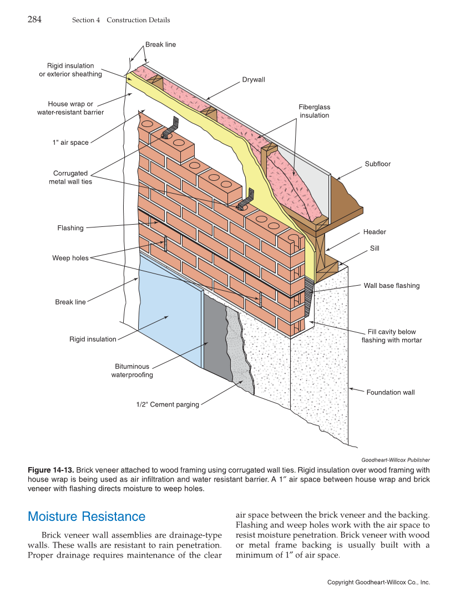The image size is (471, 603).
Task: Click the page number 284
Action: pos(34,19)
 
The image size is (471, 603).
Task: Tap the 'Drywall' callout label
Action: pos(254,80)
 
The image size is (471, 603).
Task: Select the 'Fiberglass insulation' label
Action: pos(315,111)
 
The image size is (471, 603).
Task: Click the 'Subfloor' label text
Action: pos(378,164)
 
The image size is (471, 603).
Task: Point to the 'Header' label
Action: pos(374,232)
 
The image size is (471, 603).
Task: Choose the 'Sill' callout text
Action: pos(374,249)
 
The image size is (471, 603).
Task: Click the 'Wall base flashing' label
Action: pos(392,286)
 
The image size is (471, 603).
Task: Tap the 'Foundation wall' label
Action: pos(391,392)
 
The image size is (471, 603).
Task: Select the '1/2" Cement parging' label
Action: pos(168,404)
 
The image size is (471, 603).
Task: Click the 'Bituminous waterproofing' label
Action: pos(132,371)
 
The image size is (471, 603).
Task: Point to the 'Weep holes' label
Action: pos(70,258)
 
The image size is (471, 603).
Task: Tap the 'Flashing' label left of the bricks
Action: pos(70,228)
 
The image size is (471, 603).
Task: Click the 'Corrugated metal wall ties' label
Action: pos(70,178)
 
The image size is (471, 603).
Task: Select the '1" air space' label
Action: pos(70,143)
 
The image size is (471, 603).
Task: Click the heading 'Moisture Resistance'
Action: pos(87,516)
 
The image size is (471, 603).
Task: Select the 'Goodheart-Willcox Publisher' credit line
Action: pos(395,459)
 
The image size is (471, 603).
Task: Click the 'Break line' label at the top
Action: pos(160,44)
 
